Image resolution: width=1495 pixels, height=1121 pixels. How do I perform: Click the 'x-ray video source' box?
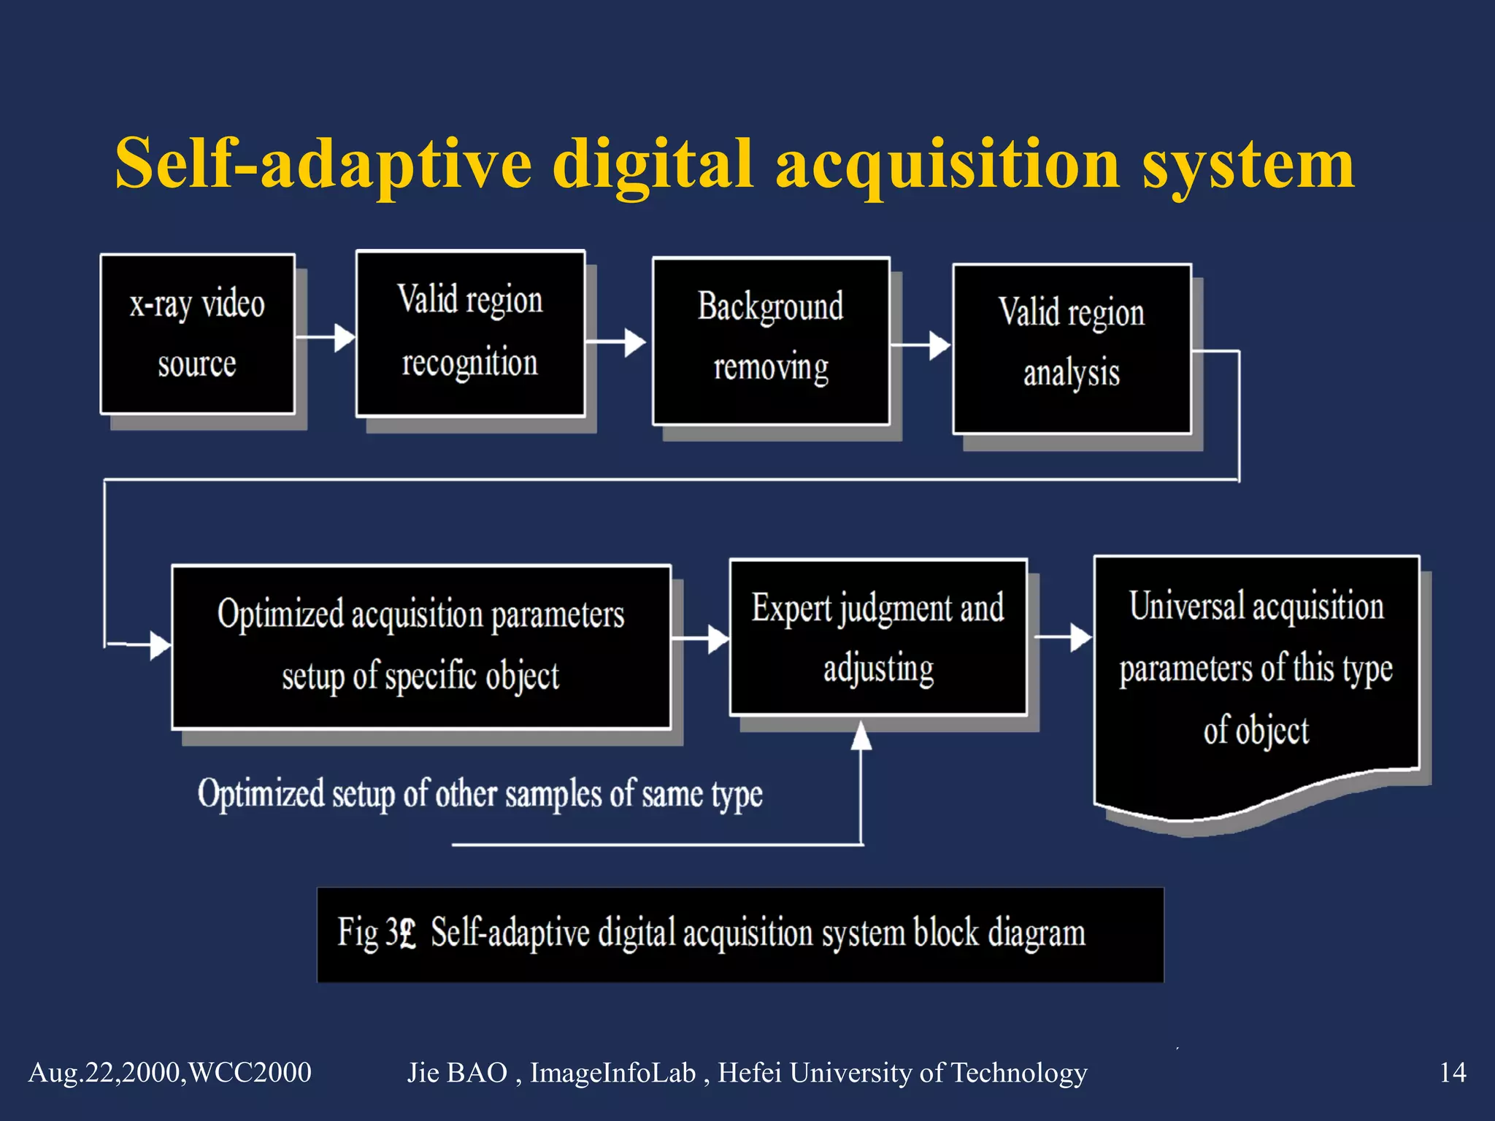click(197, 334)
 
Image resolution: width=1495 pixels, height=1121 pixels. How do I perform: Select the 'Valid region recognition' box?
click(470, 333)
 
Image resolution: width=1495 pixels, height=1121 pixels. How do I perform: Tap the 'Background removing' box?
click(771, 340)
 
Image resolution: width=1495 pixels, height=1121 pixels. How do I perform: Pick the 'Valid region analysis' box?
click(1072, 348)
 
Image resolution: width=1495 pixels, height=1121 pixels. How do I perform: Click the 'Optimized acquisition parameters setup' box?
click(421, 647)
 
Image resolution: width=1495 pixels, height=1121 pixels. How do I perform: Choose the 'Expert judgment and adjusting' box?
click(878, 637)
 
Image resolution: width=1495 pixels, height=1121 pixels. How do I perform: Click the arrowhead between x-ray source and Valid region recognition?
click(345, 338)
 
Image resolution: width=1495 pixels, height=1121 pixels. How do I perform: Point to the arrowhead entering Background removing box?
click(635, 342)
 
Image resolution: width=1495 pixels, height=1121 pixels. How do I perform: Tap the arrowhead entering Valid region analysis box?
click(939, 345)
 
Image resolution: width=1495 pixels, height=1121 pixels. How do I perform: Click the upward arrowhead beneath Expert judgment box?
click(861, 736)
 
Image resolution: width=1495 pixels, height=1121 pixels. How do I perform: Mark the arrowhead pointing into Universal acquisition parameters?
click(1081, 637)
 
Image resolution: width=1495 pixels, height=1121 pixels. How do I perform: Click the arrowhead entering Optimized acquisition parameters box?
click(160, 645)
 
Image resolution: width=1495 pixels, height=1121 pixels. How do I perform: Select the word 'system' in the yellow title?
click(1248, 163)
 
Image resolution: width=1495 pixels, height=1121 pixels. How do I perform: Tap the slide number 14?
click(1452, 1072)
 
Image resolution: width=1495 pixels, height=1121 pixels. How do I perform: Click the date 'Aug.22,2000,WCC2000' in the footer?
click(170, 1072)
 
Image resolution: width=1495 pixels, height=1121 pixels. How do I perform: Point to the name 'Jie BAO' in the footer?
click(457, 1072)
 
